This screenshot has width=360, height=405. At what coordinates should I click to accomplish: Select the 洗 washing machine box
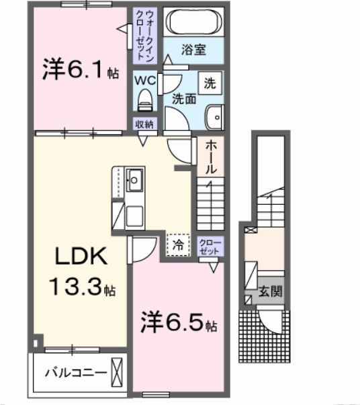[x=210, y=83]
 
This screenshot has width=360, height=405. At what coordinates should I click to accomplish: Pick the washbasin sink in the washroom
[x=216, y=118]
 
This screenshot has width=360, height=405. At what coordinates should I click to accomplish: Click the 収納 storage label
[x=144, y=124]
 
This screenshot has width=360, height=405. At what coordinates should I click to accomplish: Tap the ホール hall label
[x=210, y=158]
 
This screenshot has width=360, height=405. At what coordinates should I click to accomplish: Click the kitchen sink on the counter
[x=135, y=179]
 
